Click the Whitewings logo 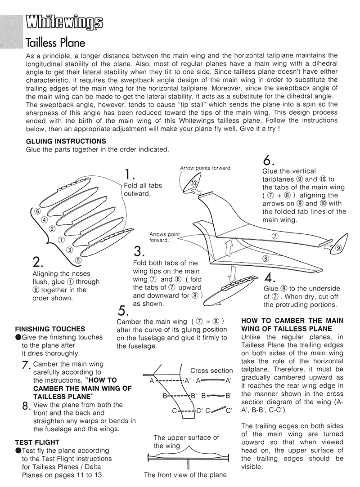point(64,22)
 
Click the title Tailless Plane point(55,43)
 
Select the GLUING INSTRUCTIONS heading point(66,141)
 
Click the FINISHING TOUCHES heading point(50,329)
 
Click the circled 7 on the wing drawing point(275,236)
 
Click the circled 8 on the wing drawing point(265,259)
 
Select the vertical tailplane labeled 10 point(193,183)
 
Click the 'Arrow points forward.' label point(206,168)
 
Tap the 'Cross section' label point(211,371)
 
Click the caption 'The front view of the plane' point(185,474)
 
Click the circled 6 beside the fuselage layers point(38,211)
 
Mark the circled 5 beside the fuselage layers point(78,259)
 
